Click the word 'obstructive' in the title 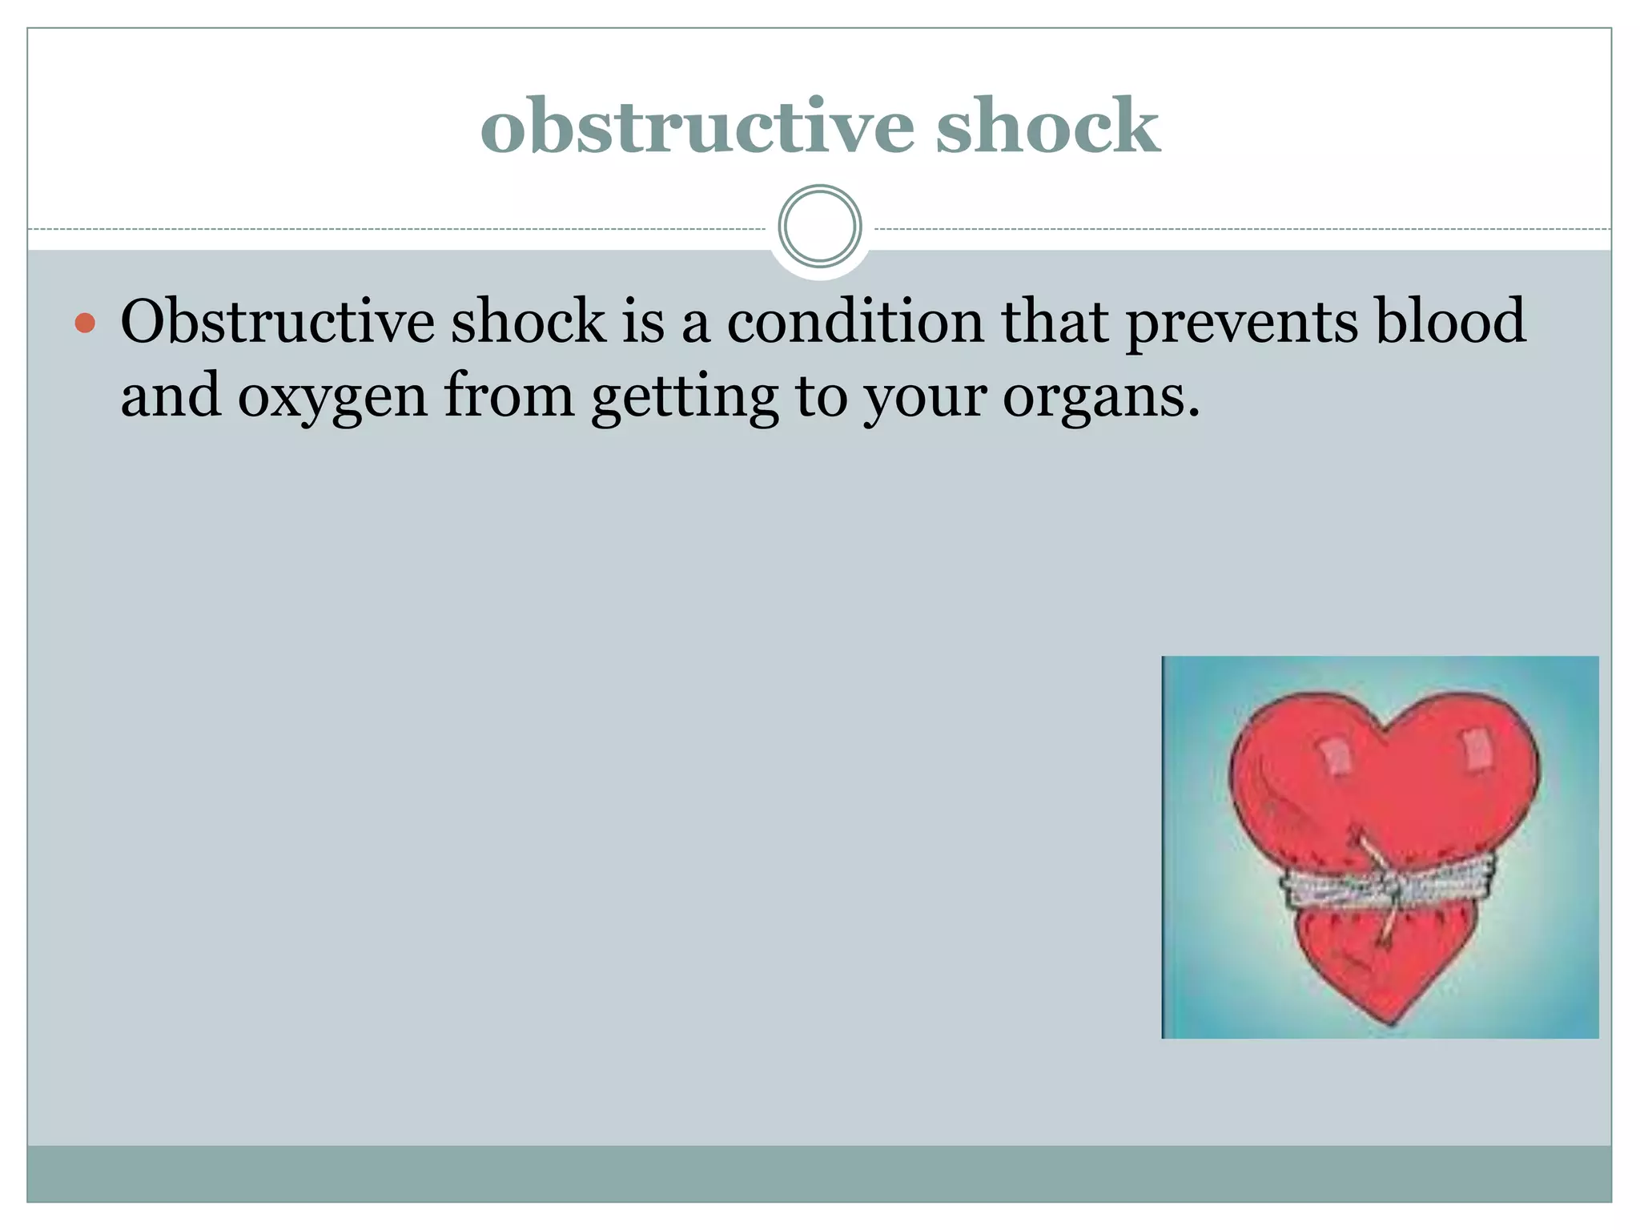pyautogui.click(x=697, y=126)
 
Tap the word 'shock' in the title pyautogui.click(x=1047, y=126)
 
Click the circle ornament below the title pyautogui.click(x=820, y=227)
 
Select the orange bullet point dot pyautogui.click(x=85, y=324)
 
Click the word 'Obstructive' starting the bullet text pyautogui.click(x=277, y=322)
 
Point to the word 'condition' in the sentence pyautogui.click(x=855, y=322)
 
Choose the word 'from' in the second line pyautogui.click(x=509, y=396)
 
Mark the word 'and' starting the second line pyautogui.click(x=171, y=396)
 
